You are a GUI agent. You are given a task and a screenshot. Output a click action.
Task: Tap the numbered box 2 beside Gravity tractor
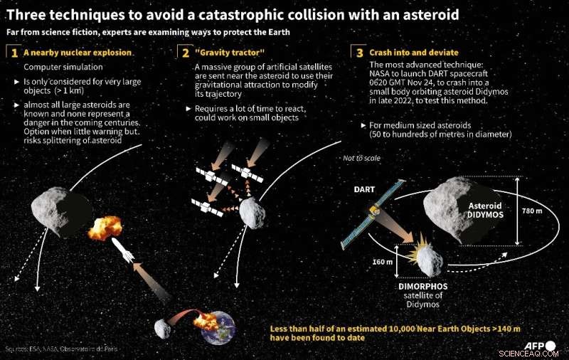(x=184, y=53)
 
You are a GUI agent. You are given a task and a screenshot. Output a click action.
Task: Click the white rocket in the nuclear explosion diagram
(x=122, y=250)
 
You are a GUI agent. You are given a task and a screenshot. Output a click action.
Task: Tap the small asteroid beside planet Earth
(x=164, y=329)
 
